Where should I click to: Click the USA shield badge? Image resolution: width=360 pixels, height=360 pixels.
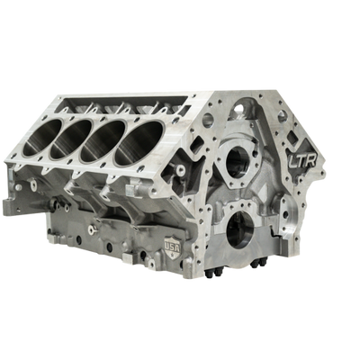(x=173, y=248)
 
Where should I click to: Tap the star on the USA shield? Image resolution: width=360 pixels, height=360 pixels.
(x=173, y=255)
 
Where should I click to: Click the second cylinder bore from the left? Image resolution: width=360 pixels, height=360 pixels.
(x=71, y=139)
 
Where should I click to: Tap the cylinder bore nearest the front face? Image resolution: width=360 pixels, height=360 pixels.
(x=139, y=143)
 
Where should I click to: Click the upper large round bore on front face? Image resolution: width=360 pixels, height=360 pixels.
(x=238, y=163)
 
